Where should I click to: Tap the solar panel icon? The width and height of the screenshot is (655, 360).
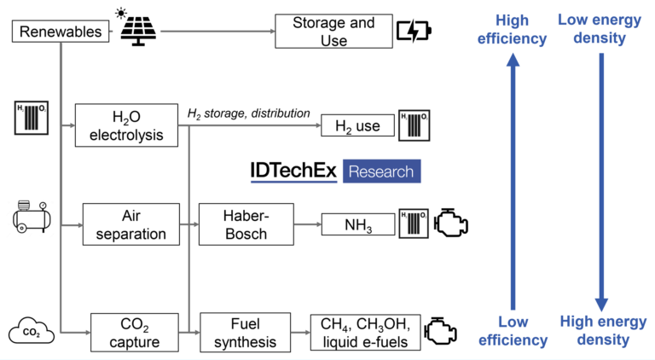click(x=139, y=32)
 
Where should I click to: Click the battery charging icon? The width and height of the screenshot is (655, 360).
click(x=414, y=32)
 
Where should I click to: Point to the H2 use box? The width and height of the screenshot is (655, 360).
click(x=357, y=127)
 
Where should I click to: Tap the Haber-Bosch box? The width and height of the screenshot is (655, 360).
click(x=246, y=224)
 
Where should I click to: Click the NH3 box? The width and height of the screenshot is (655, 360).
click(x=357, y=225)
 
